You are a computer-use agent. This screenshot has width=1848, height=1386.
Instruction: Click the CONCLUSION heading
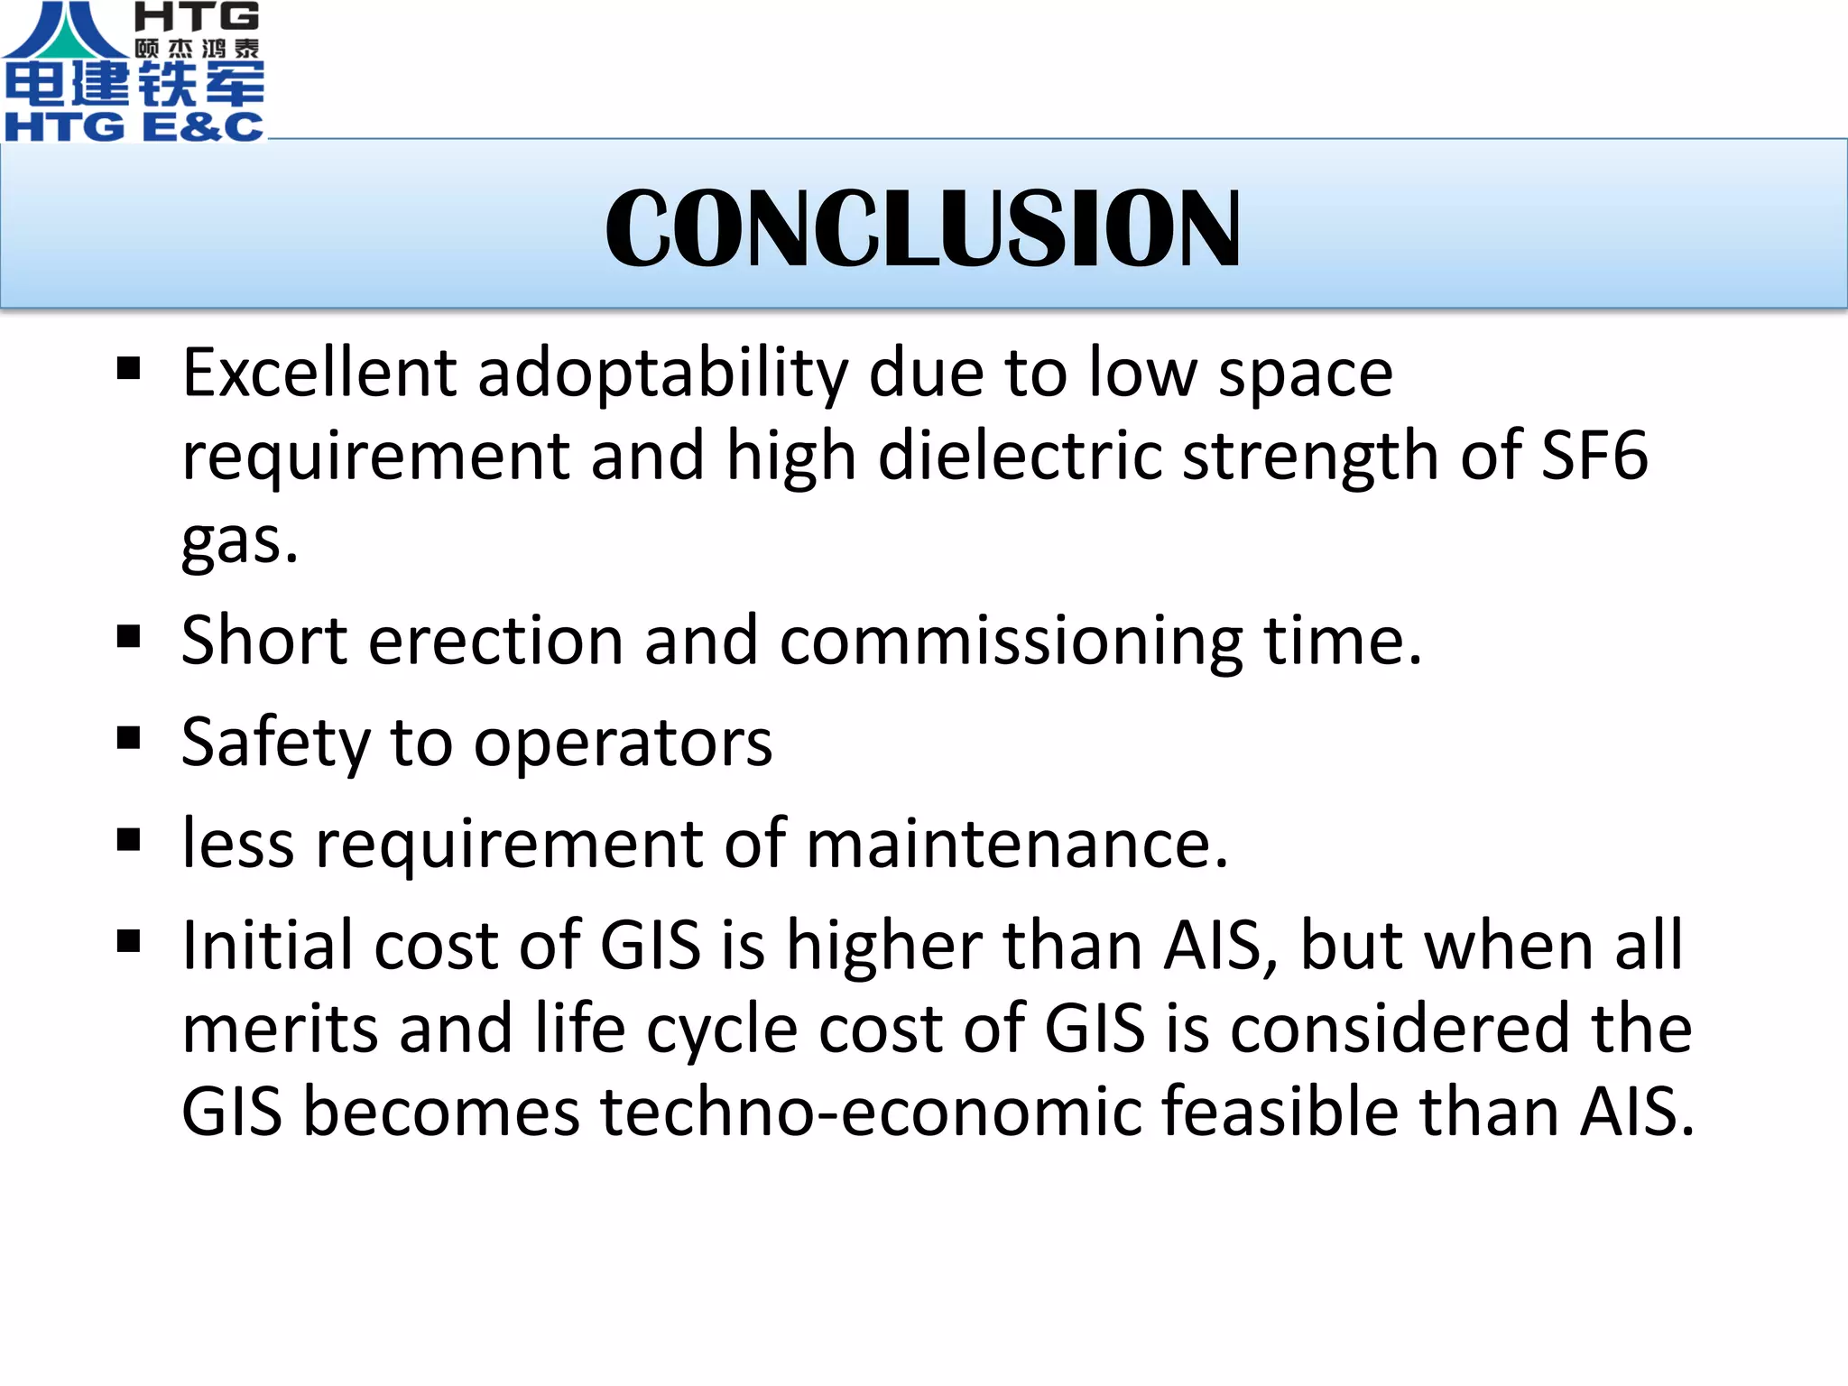(x=922, y=227)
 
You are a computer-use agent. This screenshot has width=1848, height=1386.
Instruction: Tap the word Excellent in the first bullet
(x=319, y=372)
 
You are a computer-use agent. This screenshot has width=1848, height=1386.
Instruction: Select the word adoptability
(x=662, y=374)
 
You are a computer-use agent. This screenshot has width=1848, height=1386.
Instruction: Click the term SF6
(x=1594, y=455)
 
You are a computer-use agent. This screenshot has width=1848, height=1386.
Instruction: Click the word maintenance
(x=1016, y=845)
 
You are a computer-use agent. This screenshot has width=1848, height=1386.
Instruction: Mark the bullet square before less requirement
(x=129, y=840)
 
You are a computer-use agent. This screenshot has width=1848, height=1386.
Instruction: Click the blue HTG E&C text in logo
(x=134, y=125)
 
